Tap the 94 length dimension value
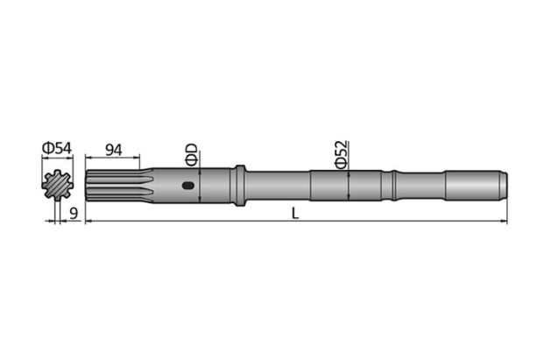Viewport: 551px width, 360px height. (x=113, y=149)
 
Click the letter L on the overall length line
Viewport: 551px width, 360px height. (x=296, y=215)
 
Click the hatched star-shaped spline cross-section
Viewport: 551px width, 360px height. (x=57, y=186)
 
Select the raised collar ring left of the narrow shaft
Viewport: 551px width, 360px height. (x=238, y=185)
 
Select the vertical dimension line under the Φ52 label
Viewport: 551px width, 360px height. (x=349, y=185)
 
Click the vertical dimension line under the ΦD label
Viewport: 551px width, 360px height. (x=201, y=185)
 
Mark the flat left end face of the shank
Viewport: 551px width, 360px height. (x=86, y=185)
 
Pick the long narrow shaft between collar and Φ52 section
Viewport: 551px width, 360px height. (x=276, y=185)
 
